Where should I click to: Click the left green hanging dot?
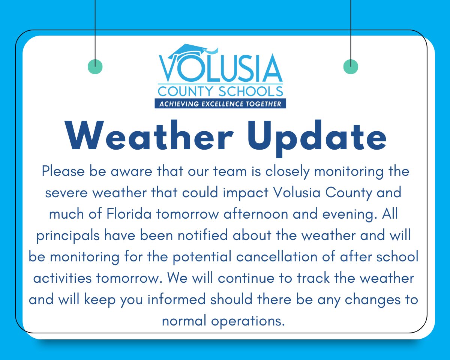click(x=95, y=67)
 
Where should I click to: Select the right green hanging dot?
click(x=351, y=67)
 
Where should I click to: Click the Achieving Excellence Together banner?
click(x=220, y=103)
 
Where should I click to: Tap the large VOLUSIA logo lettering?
click(x=220, y=70)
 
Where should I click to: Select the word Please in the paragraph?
click(x=64, y=172)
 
